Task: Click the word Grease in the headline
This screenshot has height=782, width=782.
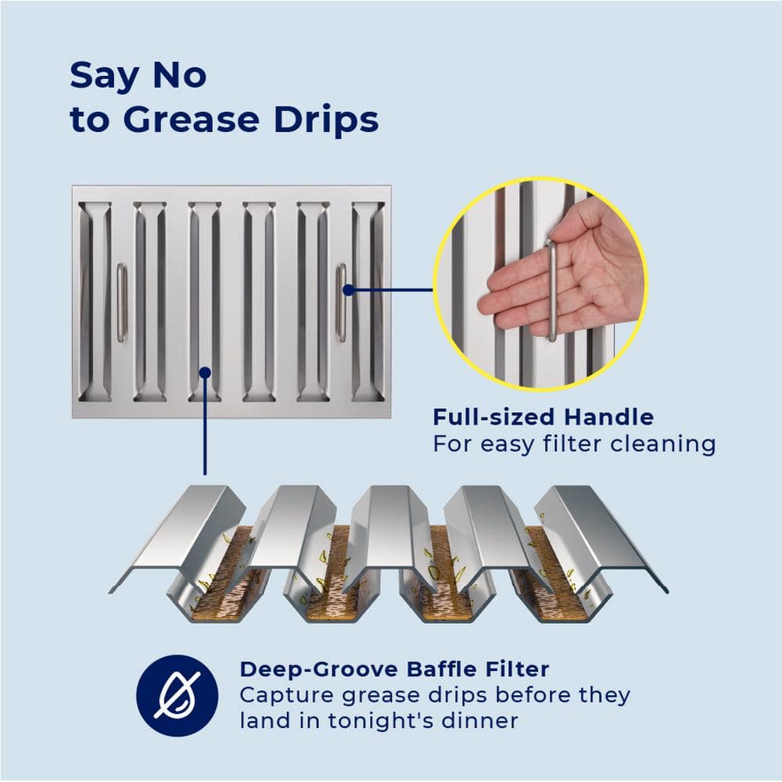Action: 192,120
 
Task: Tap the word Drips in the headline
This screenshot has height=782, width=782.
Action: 327,120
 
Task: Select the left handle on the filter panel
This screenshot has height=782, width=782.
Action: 121,303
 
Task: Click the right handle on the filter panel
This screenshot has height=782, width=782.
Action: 341,303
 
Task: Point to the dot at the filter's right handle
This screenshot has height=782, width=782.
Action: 349,289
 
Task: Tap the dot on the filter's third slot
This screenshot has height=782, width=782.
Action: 205,372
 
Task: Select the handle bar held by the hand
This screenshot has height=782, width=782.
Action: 552,290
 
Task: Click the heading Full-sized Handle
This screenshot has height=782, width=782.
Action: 543,417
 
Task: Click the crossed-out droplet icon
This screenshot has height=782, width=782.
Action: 177,695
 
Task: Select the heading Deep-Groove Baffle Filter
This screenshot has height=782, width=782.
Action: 394,669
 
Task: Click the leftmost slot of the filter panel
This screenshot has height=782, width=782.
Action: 95,302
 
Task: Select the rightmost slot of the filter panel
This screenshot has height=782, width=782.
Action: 368,302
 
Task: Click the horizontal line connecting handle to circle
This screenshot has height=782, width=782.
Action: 390,289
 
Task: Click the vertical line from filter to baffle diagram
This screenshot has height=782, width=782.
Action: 205,424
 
